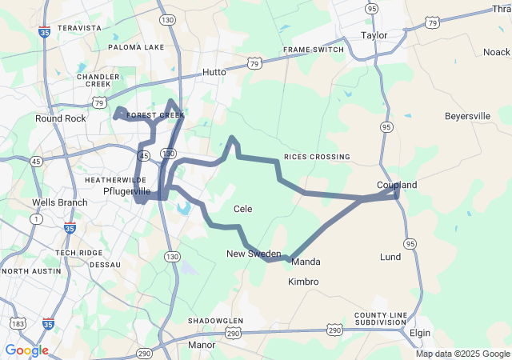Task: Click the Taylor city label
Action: [374, 35]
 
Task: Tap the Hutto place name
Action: [214, 71]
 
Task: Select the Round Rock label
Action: [60, 118]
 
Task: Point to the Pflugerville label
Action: [127, 192]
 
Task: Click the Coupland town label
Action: [397, 185]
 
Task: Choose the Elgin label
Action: [419, 332]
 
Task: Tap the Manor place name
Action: [202, 345]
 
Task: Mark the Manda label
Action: [306, 262]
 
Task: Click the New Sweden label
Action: [254, 254]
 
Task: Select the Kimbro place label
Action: [303, 282]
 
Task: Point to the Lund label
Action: [390, 257]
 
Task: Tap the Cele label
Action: [242, 209]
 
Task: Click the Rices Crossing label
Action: [317, 157]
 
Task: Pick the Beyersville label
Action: [467, 116]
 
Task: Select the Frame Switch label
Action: [314, 50]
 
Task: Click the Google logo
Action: [26, 350]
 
